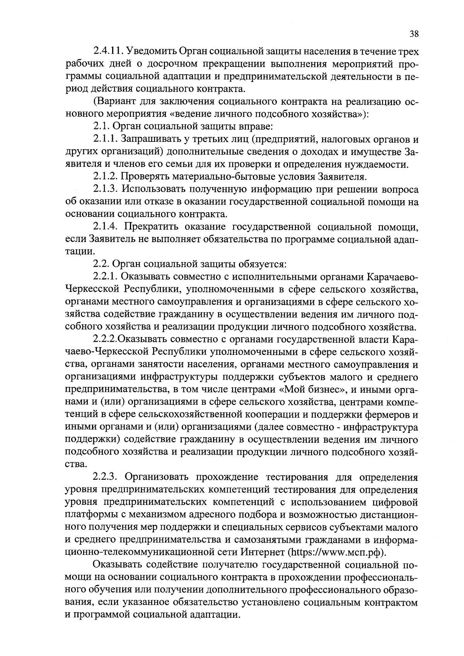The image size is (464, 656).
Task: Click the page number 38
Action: (x=414, y=34)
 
